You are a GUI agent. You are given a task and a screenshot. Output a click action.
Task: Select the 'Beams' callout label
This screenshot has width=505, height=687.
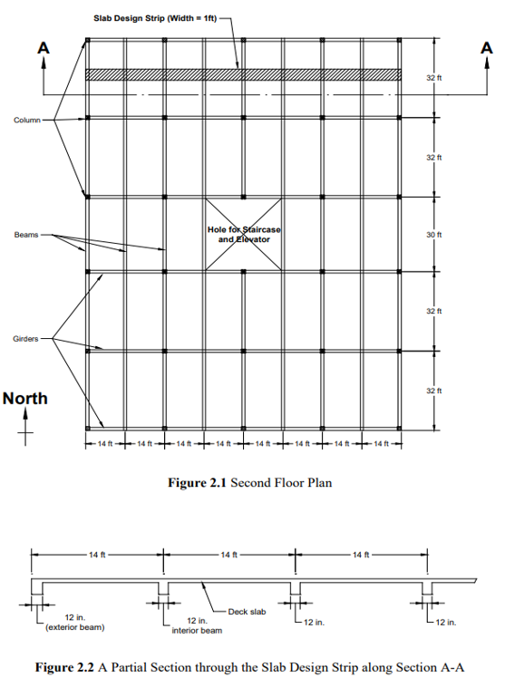click(25, 235)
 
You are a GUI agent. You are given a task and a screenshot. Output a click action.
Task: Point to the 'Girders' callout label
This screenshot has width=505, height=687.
click(25, 338)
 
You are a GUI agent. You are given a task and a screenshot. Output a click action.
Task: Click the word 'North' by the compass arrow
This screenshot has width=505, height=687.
click(25, 398)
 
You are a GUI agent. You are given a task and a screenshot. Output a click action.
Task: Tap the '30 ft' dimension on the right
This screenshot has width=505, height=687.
click(444, 235)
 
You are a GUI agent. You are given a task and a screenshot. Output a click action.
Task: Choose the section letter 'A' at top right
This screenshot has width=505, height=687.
click(486, 51)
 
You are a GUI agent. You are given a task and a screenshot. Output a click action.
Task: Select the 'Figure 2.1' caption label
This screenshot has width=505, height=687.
click(198, 482)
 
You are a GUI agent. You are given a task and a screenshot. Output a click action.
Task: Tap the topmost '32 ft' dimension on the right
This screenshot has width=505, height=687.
click(444, 79)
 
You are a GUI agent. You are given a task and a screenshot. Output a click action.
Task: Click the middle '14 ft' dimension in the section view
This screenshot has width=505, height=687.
click(228, 554)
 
